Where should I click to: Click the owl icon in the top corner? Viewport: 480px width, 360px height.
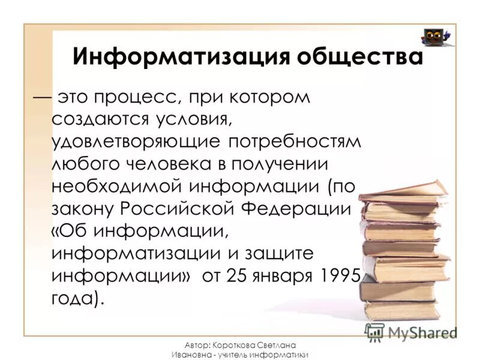(437, 37)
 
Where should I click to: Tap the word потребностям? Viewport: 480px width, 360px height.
(296, 142)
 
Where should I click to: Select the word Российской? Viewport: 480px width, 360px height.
(184, 208)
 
